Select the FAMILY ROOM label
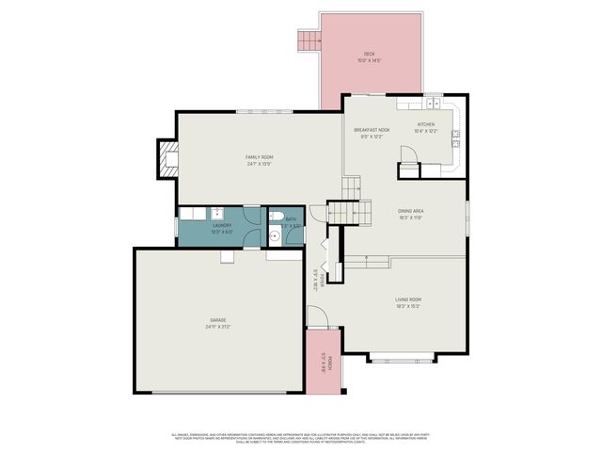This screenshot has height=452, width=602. [260, 156]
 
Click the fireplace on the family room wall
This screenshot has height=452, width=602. [166, 159]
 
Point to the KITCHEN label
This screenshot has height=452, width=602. [426, 124]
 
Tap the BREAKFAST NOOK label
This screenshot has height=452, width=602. [372, 129]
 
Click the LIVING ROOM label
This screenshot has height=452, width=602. [407, 299]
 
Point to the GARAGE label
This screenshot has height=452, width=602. [217, 321]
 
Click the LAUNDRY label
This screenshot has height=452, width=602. [222, 225]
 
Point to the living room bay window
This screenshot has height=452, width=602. [402, 359]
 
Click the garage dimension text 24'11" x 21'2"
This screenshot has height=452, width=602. [217, 328]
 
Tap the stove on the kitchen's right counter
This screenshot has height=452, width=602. [455, 135]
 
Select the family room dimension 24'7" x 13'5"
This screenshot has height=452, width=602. [260, 163]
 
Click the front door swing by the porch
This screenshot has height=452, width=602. [315, 318]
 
